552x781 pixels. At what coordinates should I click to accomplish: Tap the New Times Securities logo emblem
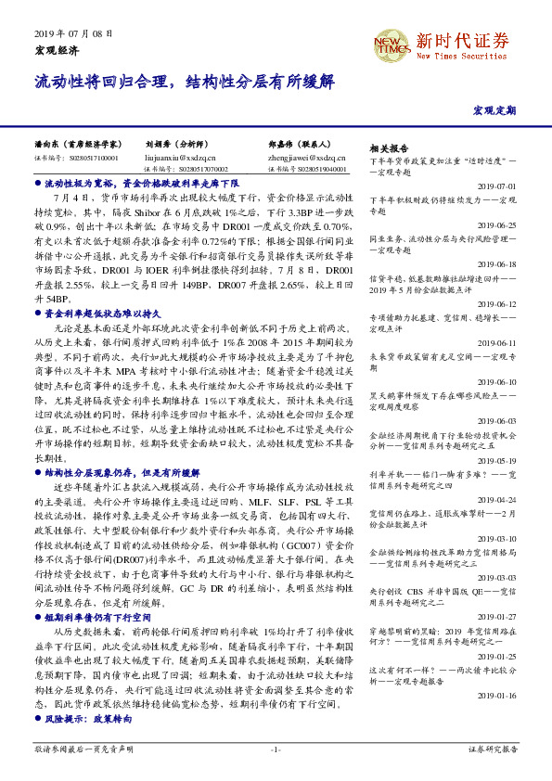390,45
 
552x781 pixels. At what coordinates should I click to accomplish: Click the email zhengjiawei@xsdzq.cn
306,159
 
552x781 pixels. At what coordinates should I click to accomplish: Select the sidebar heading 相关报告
389,148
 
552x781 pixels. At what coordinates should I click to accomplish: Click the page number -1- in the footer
276,749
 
